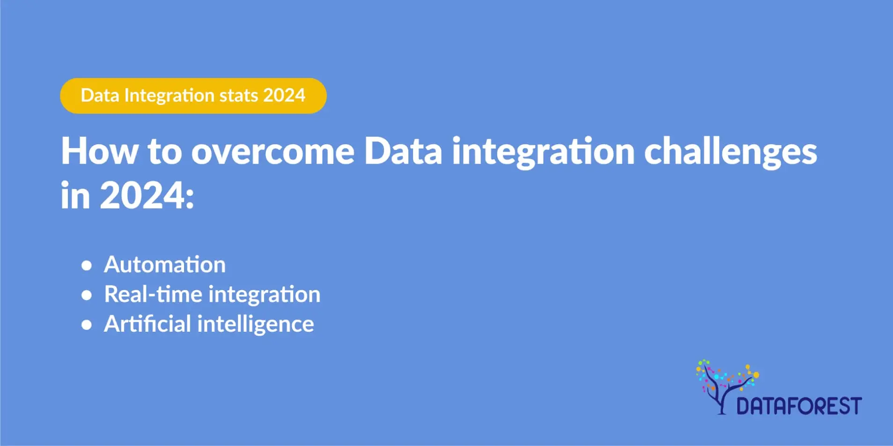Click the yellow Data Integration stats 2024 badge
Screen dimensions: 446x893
(193, 96)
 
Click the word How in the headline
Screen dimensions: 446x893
(100, 151)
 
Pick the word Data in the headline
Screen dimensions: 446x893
(403, 151)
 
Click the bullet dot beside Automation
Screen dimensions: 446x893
(86, 266)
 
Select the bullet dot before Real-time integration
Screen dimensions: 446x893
(86, 295)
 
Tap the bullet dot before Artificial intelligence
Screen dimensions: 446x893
(86, 325)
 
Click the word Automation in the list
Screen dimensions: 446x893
(165, 265)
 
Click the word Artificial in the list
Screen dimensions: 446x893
(147, 324)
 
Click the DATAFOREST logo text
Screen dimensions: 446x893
(798, 406)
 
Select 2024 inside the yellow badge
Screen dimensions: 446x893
(284, 96)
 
